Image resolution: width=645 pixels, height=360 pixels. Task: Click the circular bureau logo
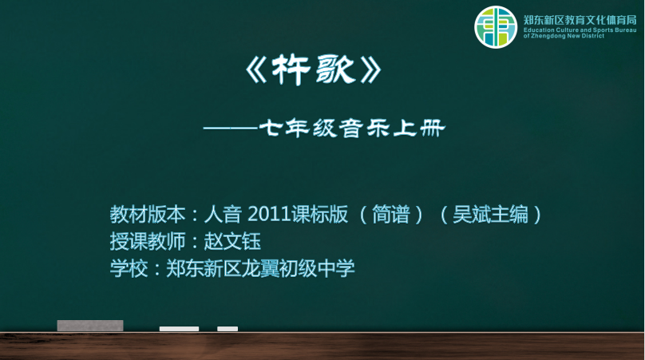click(496, 27)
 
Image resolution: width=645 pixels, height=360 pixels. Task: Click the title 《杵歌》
click(314, 70)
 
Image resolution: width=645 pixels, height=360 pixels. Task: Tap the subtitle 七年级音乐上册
click(352, 129)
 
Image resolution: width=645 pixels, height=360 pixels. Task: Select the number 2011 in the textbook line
click(269, 215)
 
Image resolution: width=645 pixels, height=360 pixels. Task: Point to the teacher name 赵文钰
click(232, 242)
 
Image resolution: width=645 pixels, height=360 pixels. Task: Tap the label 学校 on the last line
click(129, 269)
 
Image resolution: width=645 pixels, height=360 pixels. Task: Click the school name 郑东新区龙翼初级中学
click(260, 269)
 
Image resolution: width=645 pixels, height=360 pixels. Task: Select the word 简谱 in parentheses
click(391, 215)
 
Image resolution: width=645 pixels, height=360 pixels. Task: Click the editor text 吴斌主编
click(490, 215)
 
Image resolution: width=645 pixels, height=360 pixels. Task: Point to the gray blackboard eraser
click(90, 326)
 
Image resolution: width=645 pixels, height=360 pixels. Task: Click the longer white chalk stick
click(179, 329)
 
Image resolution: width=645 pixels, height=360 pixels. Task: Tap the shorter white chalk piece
click(228, 329)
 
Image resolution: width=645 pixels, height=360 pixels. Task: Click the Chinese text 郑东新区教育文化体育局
click(580, 20)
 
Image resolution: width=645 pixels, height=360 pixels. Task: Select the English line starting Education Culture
click(580, 30)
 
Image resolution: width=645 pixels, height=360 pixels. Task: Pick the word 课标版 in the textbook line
click(319, 215)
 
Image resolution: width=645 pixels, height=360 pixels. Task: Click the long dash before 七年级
click(231, 129)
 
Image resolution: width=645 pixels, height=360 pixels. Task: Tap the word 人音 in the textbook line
click(223, 215)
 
